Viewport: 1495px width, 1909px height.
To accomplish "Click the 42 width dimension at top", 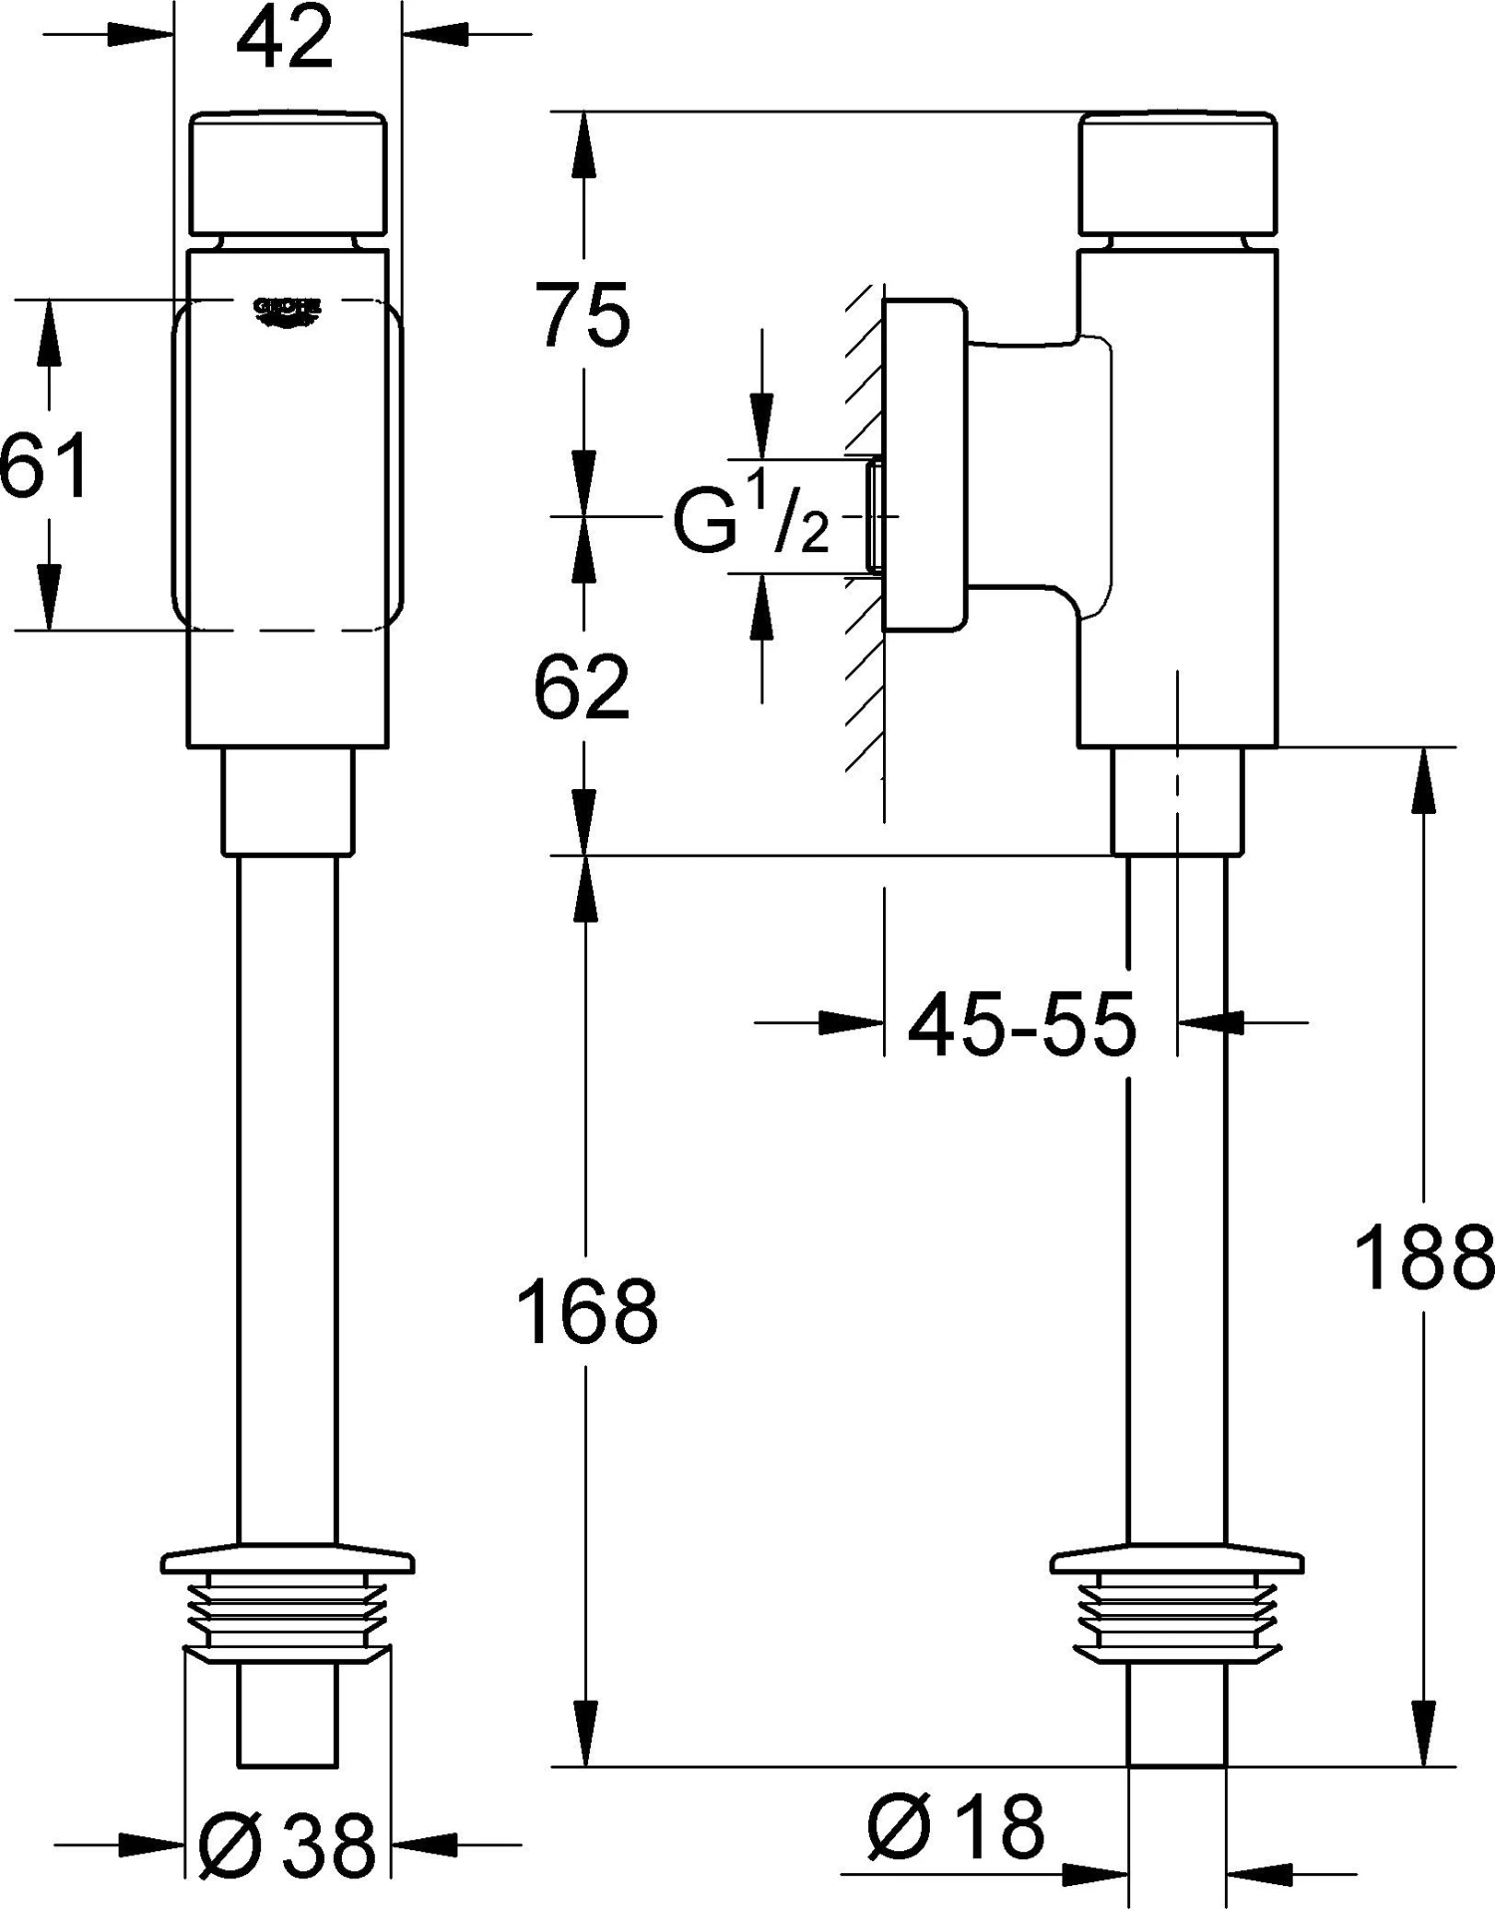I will pos(286,39).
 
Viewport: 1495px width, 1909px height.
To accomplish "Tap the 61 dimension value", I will pos(42,465).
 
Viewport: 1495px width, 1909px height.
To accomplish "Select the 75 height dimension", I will pos(583,315).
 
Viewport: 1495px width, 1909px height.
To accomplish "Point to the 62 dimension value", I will pos(582,688).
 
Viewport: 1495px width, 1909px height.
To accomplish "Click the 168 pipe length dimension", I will pos(587,1310).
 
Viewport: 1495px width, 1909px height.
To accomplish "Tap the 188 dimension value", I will pos(1424,1256).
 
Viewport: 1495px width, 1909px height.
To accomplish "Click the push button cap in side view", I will pos(1178,173).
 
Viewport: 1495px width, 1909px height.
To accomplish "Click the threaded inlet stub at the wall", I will pos(874,515).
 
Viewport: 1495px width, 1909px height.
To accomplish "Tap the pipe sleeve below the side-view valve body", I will pos(1177,801).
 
